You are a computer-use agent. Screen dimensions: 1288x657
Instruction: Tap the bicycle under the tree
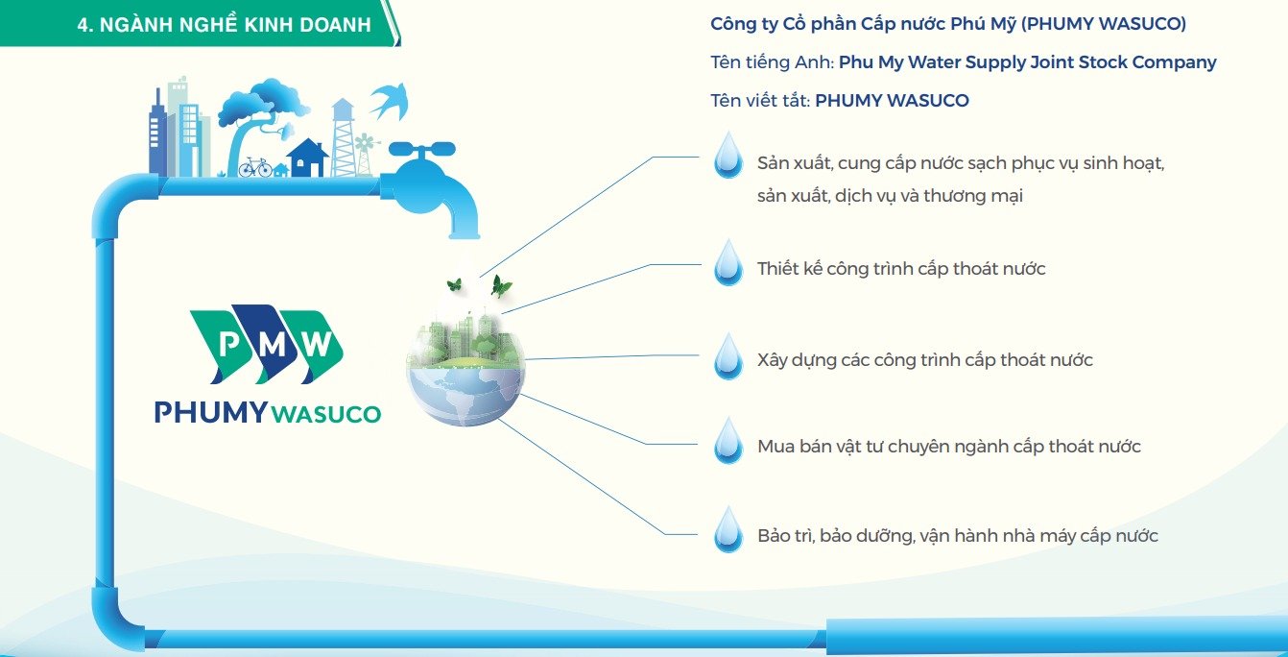click(x=254, y=167)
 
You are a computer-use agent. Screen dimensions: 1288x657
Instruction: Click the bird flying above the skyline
click(x=389, y=101)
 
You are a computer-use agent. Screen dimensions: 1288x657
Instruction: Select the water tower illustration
click(x=344, y=137)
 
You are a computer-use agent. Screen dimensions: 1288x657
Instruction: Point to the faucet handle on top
click(x=422, y=150)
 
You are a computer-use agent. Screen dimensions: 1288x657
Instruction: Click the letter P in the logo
click(x=228, y=344)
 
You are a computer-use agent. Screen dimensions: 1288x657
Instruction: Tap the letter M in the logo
click(x=272, y=344)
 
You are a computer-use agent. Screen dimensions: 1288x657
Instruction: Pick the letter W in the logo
click(x=317, y=344)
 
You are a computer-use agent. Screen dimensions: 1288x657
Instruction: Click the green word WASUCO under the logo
click(x=325, y=414)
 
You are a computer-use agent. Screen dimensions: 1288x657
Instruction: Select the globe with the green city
click(x=465, y=368)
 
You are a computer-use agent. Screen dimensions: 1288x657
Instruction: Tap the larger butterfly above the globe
click(x=501, y=286)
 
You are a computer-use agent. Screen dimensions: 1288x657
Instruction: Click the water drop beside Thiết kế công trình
click(x=727, y=262)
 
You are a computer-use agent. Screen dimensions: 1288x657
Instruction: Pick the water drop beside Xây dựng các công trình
click(x=727, y=355)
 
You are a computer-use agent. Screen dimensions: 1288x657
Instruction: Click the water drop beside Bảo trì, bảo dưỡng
click(x=727, y=529)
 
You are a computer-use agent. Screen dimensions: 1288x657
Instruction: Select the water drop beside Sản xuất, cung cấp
click(x=727, y=155)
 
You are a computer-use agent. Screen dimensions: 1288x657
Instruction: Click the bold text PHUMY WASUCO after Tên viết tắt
click(x=892, y=101)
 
